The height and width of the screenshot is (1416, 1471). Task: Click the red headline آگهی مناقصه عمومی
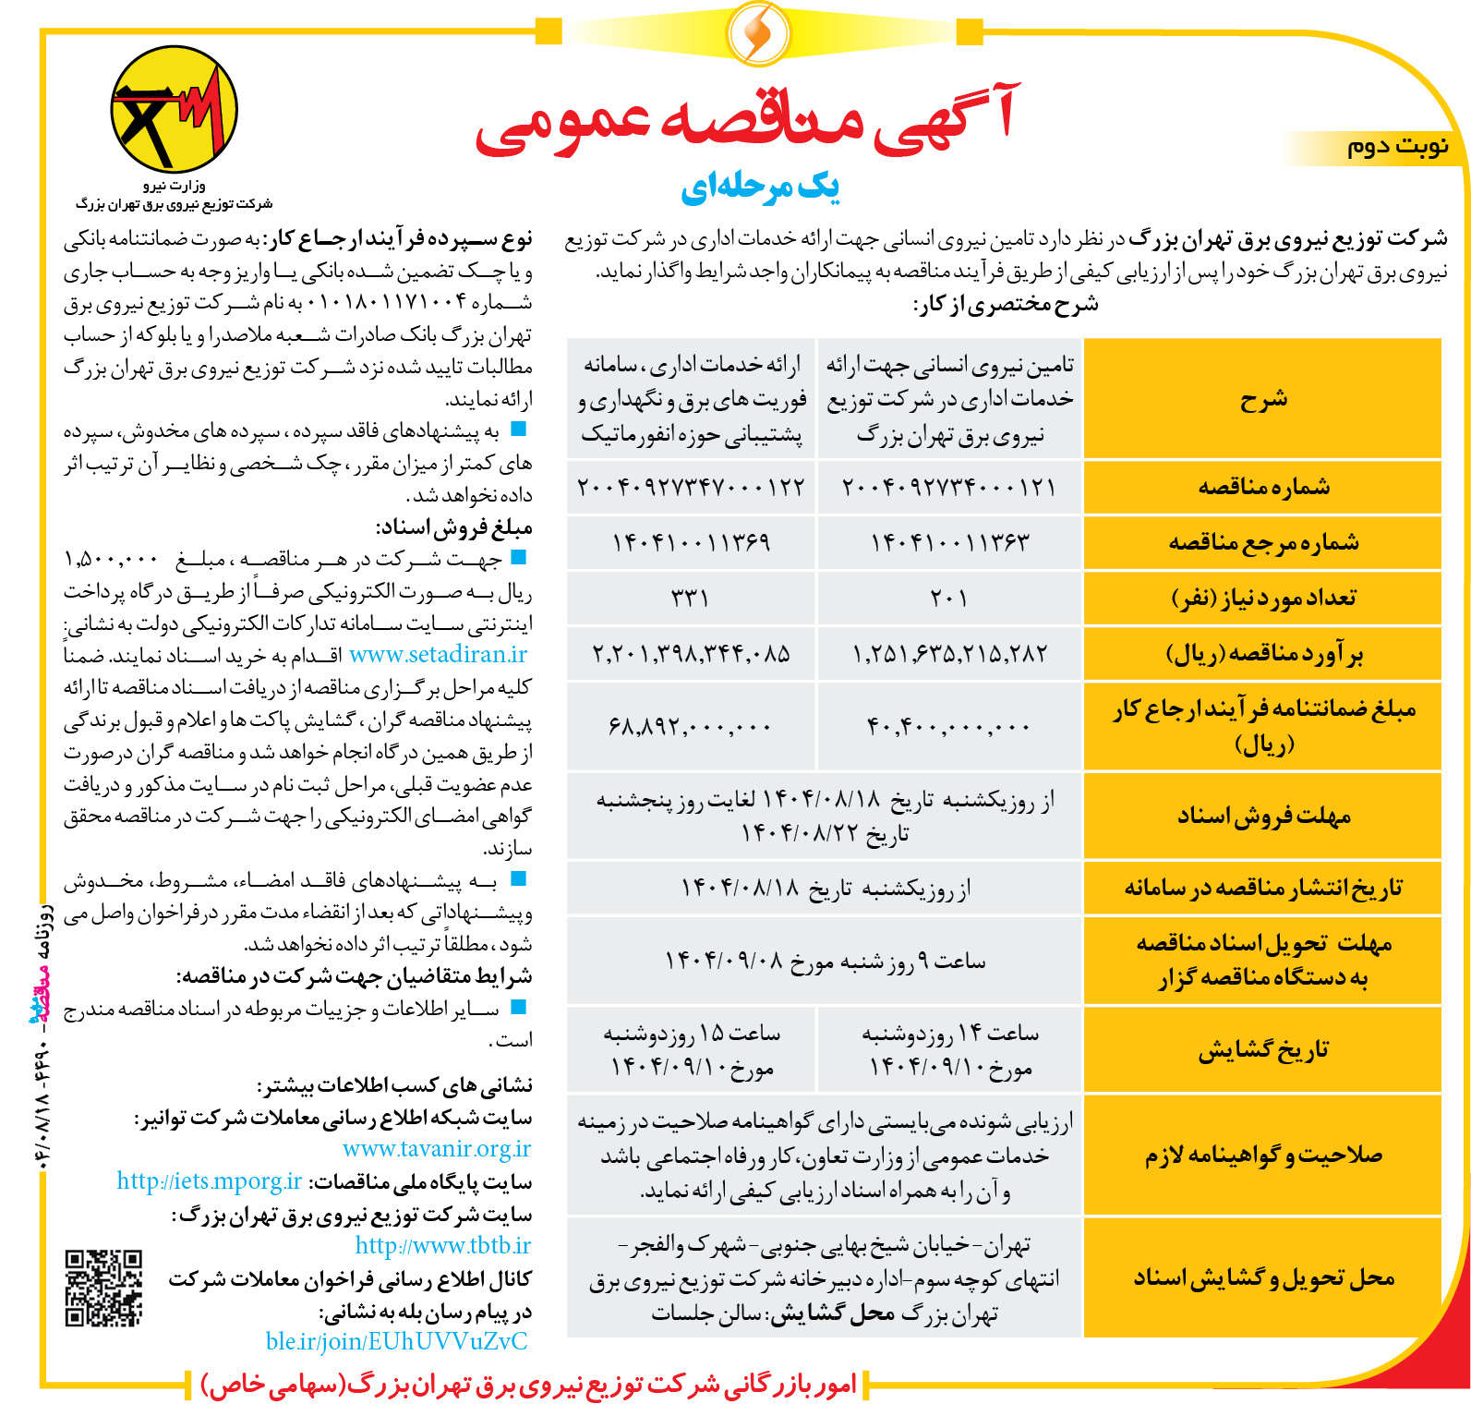click(x=746, y=125)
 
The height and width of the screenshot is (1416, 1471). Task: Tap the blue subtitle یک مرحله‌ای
click(x=759, y=188)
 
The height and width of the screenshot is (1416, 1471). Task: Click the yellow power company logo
click(x=174, y=110)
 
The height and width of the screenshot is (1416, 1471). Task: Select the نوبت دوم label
click(x=1397, y=147)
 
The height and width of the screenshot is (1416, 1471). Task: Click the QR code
click(x=103, y=1288)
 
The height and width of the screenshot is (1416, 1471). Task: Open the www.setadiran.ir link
click(x=438, y=655)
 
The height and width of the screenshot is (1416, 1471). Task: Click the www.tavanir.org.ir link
click(x=437, y=1149)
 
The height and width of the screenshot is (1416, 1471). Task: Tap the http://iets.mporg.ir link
click(x=210, y=1181)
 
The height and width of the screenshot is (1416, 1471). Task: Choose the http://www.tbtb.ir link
click(x=443, y=1246)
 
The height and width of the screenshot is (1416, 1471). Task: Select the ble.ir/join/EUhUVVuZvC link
click(x=396, y=1341)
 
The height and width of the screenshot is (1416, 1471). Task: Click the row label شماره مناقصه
click(x=1263, y=487)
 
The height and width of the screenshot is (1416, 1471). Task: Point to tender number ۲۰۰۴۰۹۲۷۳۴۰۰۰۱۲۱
click(x=948, y=487)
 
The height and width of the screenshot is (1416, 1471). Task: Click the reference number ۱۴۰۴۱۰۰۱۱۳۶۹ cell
click(x=691, y=542)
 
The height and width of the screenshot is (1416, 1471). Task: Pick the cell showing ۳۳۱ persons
click(x=691, y=598)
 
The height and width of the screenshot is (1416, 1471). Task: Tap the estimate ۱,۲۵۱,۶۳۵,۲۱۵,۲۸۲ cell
click(x=948, y=654)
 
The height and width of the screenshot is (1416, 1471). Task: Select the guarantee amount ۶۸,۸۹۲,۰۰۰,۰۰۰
click(x=691, y=727)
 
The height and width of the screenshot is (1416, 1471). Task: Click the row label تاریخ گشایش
click(x=1263, y=1050)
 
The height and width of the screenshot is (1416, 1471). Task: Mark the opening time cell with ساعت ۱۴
click(x=948, y=1050)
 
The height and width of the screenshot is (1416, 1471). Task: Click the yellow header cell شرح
click(x=1263, y=399)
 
